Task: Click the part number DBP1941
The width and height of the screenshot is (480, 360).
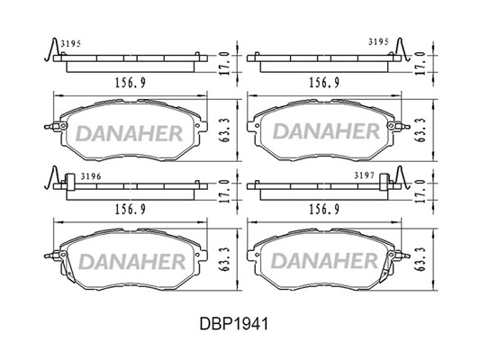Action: pos(234,324)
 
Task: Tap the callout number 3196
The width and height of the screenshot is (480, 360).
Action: pos(91,176)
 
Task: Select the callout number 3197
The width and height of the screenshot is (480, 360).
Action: pos(365,175)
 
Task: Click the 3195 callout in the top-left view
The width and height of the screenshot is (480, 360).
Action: pos(71,44)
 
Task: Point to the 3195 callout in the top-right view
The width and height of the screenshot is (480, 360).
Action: pos(378,42)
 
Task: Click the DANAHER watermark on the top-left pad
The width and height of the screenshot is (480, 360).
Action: pos(129,133)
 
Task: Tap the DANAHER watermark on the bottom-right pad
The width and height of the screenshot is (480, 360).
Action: pos(325,261)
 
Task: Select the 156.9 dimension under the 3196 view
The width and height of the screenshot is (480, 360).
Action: pos(130,210)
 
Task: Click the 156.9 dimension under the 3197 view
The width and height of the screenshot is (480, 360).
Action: pos(324,210)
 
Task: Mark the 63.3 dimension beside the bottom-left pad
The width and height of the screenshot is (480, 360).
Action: pos(225,259)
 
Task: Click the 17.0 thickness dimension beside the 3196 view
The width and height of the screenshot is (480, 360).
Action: pos(225,191)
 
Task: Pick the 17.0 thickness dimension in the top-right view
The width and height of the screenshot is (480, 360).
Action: pos(421,63)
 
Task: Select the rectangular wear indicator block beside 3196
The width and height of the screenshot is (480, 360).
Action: pos(70,182)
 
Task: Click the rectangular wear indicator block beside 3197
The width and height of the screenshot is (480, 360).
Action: pos(384,182)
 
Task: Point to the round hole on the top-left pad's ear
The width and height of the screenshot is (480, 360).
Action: pos(63,126)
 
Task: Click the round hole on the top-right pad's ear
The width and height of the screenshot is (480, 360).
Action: pos(391,126)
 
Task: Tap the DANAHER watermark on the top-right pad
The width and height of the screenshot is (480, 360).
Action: pos(326,131)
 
